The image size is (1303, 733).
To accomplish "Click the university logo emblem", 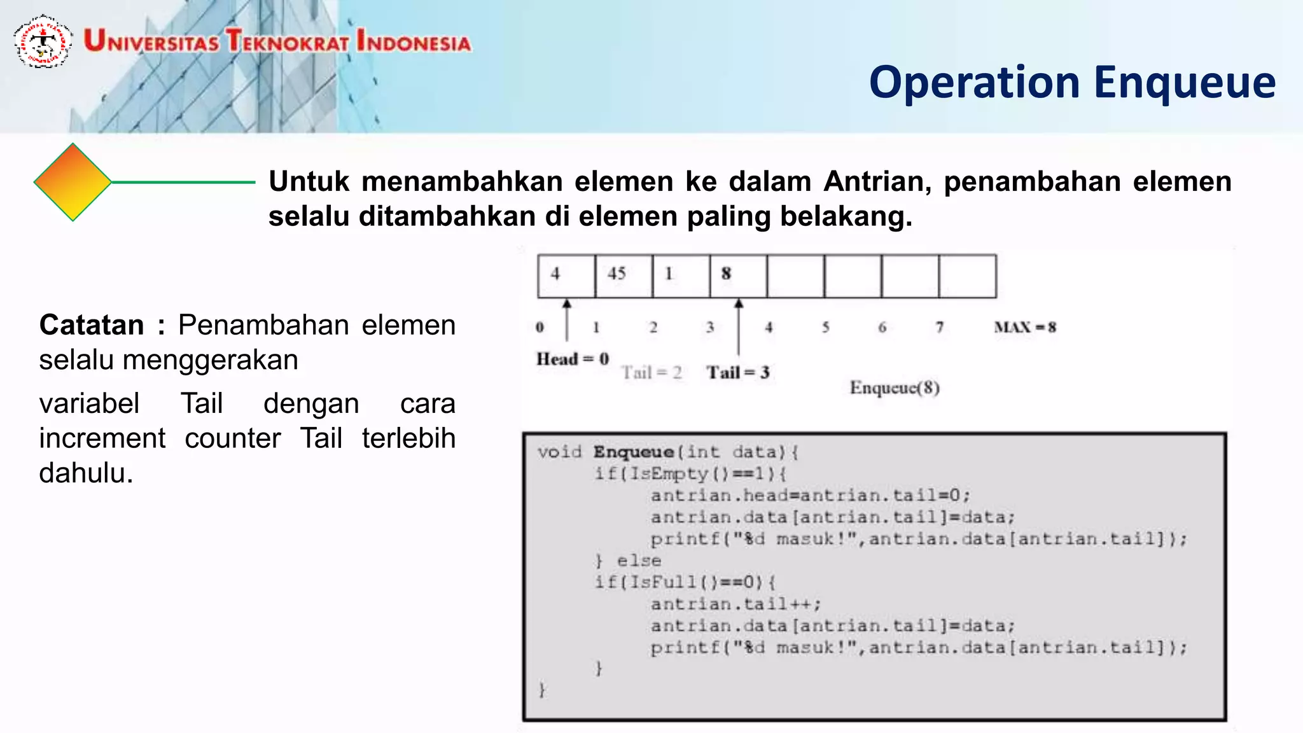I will pyautogui.click(x=43, y=42).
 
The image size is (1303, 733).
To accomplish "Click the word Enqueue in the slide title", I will pyautogui.click(x=1184, y=83).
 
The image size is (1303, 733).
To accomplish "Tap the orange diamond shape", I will pyautogui.click(x=73, y=182).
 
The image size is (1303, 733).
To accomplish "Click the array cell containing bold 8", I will pyautogui.click(x=737, y=276).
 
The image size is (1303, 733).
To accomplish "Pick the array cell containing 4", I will pyautogui.click(x=566, y=276).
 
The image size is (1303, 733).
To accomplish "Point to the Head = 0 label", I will pyautogui.click(x=573, y=359).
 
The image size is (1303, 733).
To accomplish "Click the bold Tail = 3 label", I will pyautogui.click(x=738, y=372).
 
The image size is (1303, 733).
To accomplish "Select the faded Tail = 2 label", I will pyautogui.click(x=651, y=372).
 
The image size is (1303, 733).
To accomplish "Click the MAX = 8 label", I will pyautogui.click(x=1025, y=327).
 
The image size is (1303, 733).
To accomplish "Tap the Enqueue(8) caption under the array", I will pyautogui.click(x=895, y=387).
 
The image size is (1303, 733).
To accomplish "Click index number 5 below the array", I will pyautogui.click(x=825, y=327).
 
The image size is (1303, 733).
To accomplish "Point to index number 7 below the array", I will pyautogui.click(x=939, y=327).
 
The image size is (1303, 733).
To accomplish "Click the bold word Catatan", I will pyautogui.click(x=92, y=325).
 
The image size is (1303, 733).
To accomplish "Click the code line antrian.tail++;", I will pyautogui.click(x=735, y=604).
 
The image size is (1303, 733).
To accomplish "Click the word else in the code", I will pyautogui.click(x=638, y=561).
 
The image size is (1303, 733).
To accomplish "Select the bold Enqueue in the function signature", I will pyautogui.click(x=633, y=452).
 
